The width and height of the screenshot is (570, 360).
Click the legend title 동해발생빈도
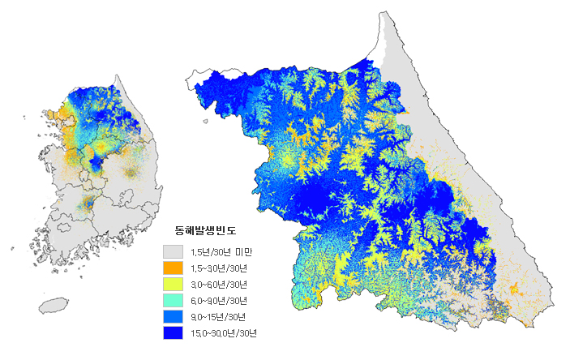click(x=212, y=231)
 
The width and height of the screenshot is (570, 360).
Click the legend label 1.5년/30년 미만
click(x=223, y=251)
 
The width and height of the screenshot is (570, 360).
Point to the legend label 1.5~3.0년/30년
click(x=219, y=268)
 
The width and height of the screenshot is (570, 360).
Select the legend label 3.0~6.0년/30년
click(x=219, y=284)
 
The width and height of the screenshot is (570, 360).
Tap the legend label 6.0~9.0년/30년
click(x=219, y=300)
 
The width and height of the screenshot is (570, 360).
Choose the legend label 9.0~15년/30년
click(x=216, y=316)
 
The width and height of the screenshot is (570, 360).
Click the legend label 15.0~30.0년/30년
click(x=223, y=332)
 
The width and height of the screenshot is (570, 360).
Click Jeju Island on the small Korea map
click(x=54, y=305)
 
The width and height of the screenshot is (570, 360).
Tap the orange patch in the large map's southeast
click(x=513, y=288)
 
